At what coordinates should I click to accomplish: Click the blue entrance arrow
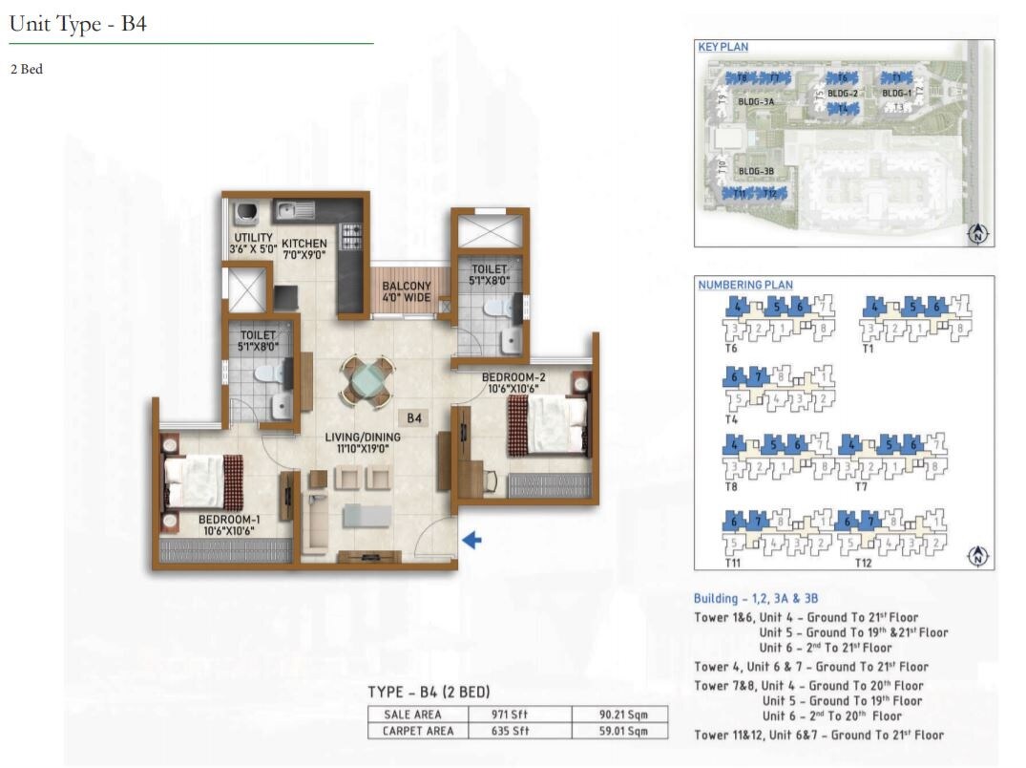coord(471,541)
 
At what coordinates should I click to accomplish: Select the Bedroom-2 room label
coord(513,381)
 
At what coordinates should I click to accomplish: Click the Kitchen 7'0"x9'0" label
coord(304,249)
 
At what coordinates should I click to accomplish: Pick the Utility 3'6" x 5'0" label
coord(252,244)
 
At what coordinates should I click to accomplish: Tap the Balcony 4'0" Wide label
coord(407,291)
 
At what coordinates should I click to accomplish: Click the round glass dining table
coord(366,380)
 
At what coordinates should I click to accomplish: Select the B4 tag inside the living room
coord(415,417)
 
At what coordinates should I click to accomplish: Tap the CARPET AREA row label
coord(418,731)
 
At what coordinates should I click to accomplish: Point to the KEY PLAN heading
coord(722,47)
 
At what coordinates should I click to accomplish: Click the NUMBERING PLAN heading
coord(744,285)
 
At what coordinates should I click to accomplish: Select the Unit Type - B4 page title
coord(77,25)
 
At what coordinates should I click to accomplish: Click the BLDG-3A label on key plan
coord(754,98)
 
